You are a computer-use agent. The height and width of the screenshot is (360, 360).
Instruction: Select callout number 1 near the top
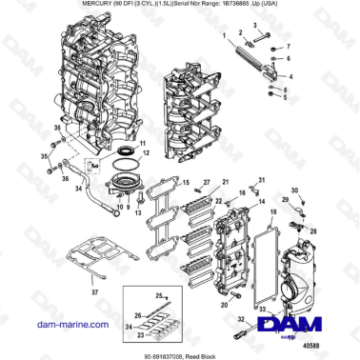pyautogui.click(x=223, y=33)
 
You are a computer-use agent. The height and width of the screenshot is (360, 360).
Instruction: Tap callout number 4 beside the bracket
pyautogui.click(x=290, y=74)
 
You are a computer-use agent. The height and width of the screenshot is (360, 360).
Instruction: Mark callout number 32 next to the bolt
pyautogui.click(x=239, y=319)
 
